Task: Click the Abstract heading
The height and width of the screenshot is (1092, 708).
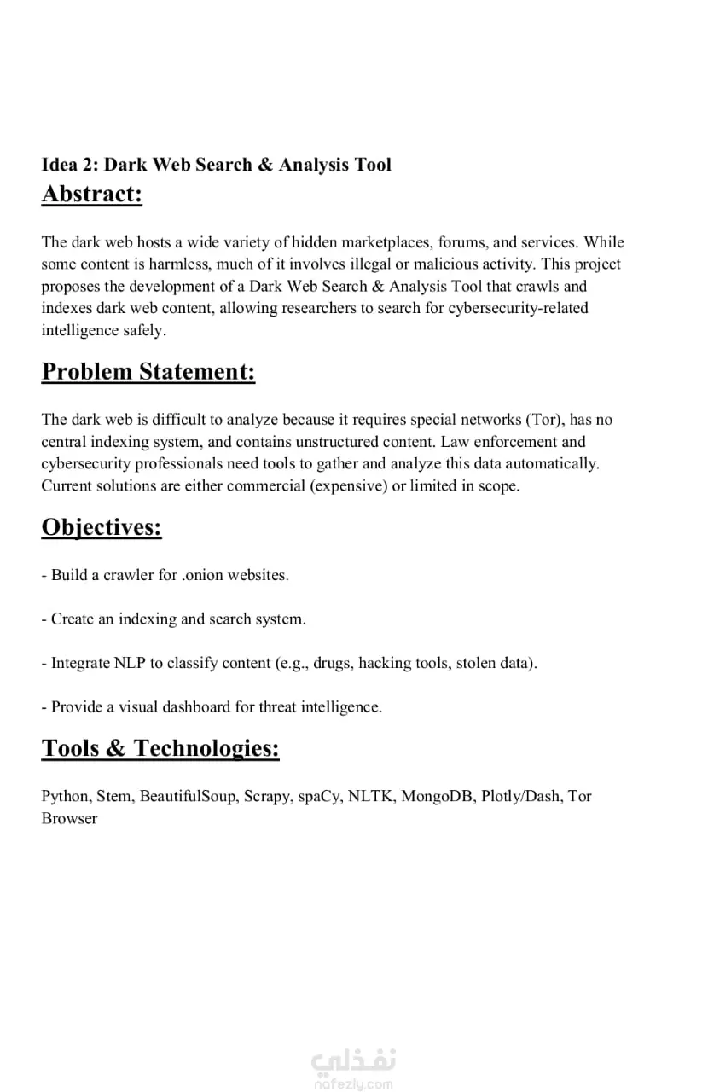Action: tap(92, 195)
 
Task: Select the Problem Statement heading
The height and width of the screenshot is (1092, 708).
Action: tap(148, 372)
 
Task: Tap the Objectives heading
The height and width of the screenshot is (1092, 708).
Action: tap(102, 527)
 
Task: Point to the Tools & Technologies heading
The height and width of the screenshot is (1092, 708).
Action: tap(160, 748)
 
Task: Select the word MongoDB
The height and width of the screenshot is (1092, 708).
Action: tap(437, 796)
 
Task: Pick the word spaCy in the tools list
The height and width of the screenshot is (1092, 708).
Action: tap(320, 796)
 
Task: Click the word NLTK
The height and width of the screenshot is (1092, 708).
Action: tap(370, 796)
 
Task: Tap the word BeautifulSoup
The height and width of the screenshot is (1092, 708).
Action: tap(188, 796)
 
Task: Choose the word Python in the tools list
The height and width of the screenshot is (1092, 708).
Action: tap(65, 796)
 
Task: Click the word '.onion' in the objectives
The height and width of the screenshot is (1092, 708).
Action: tap(206, 575)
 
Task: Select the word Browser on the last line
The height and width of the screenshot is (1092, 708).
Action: tap(69, 818)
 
